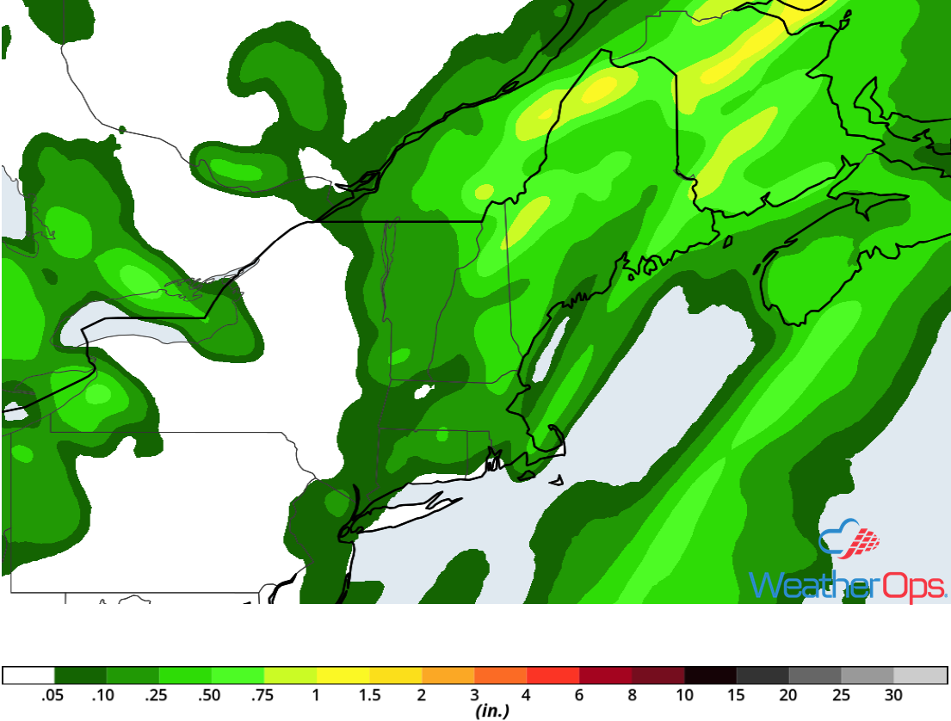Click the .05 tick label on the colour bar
tap(54, 695)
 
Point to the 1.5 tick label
tap(368, 695)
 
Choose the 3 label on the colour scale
tap(474, 695)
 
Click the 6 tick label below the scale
tap(579, 695)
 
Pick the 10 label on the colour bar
tap(684, 695)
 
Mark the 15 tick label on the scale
tap(737, 695)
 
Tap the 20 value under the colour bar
tap(789, 695)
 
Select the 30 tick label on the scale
tap(893, 695)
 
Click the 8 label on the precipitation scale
tap(632, 695)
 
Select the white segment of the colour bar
tap(28, 675)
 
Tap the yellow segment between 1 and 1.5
tap(343, 675)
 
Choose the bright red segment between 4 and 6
tap(553, 675)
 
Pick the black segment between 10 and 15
tap(710, 675)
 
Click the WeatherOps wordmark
tap(848, 585)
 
